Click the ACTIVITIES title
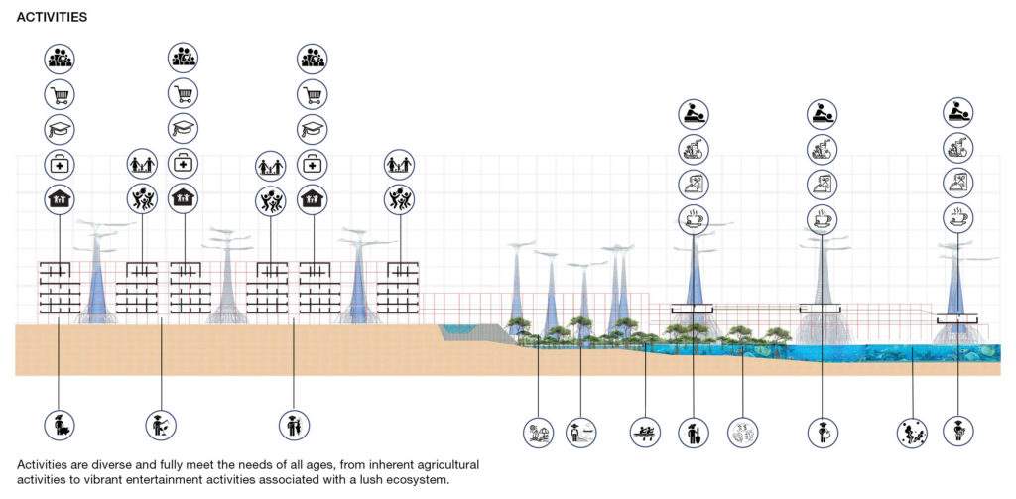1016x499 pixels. click(52, 18)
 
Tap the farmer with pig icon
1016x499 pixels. click(60, 426)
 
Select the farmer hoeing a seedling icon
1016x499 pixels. click(161, 426)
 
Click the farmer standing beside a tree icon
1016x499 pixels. click(294, 426)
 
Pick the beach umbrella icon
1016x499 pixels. click(539, 433)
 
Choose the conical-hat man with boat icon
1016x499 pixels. click(580, 433)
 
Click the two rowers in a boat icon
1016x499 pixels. click(645, 433)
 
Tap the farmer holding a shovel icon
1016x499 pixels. click(694, 433)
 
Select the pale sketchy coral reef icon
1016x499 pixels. click(742, 433)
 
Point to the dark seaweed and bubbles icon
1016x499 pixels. click(913, 433)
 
